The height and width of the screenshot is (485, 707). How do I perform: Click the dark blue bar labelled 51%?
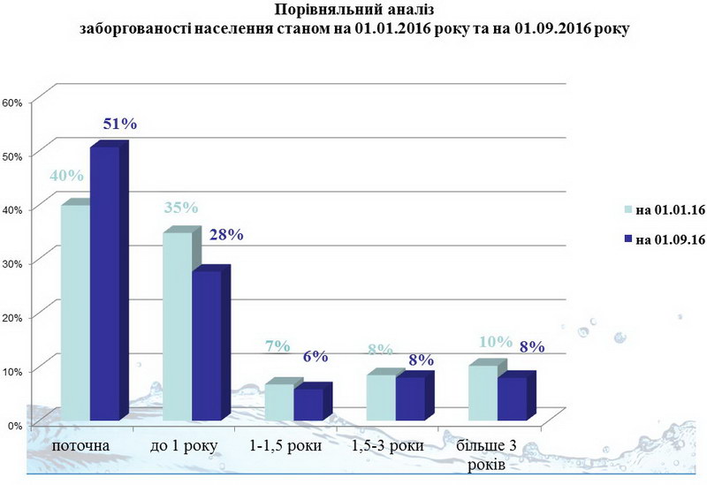pyautogui.click(x=103, y=283)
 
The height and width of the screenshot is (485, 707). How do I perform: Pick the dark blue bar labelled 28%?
pyautogui.click(x=206, y=345)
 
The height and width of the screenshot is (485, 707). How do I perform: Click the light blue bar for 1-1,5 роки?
pyautogui.click(x=279, y=402)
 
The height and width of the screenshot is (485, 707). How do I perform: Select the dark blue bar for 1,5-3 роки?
pyautogui.click(x=410, y=398)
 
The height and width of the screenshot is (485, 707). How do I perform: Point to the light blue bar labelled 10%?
pyautogui.click(x=482, y=392)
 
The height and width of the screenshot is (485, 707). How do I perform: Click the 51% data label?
pyautogui.click(x=120, y=123)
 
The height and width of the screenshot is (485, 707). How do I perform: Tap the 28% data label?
pyautogui.click(x=224, y=234)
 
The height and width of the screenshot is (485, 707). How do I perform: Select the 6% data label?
pyautogui.click(x=315, y=356)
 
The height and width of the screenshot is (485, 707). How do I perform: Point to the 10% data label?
pyautogui.click(x=496, y=341)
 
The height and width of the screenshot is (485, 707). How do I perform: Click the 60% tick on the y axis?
pyautogui.click(x=11, y=102)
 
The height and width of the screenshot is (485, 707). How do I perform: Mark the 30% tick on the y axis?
pyautogui.click(x=11, y=262)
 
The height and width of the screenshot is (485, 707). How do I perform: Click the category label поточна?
pyautogui.click(x=82, y=445)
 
